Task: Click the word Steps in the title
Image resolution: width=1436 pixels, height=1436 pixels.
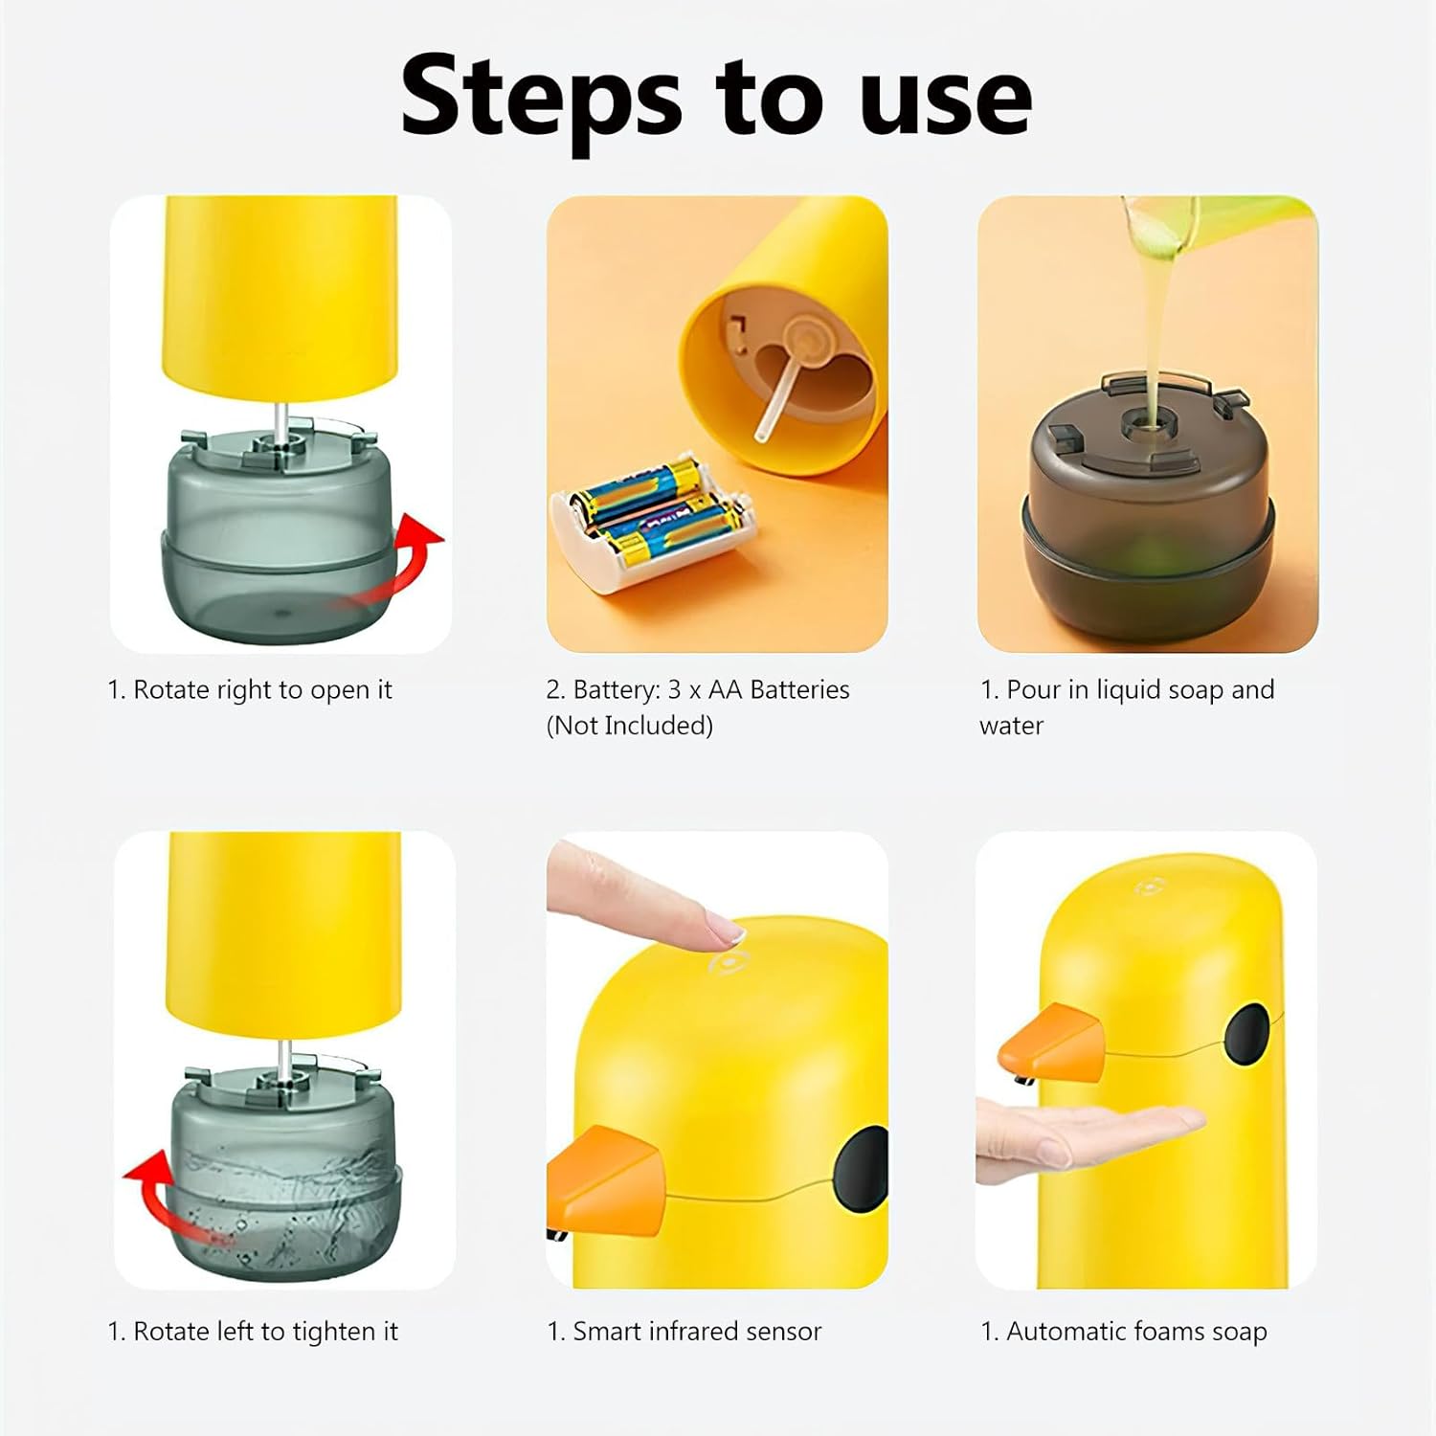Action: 541,99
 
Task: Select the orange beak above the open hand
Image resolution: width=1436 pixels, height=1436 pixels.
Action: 1052,1043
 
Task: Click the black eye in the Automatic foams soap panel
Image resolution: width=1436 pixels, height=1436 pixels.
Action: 1247,1035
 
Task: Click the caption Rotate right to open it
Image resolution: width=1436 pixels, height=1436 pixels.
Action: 250,690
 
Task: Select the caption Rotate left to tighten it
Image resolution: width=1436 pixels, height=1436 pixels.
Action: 253,1332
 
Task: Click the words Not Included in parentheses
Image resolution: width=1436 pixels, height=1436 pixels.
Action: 630,726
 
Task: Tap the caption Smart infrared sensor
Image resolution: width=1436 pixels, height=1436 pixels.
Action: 684,1332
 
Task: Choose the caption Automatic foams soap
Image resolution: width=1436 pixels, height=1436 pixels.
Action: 1124,1332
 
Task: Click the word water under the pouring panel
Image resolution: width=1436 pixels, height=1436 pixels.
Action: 1011,727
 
